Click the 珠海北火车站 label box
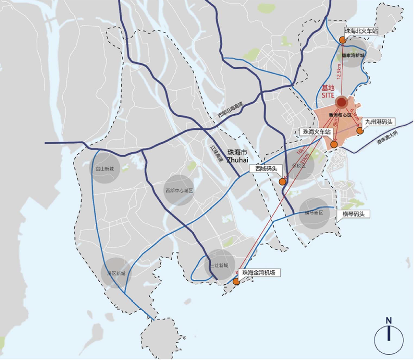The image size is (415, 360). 361,31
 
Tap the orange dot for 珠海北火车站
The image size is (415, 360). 342,40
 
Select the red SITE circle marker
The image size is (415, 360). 342,102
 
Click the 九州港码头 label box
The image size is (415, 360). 380,122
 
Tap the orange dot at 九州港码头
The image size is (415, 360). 360,130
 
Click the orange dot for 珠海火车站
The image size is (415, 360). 334,144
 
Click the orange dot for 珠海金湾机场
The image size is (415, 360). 236,282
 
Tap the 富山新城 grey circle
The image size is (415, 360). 105,167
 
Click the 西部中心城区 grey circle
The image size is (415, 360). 179,190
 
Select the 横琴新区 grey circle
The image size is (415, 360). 314,213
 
